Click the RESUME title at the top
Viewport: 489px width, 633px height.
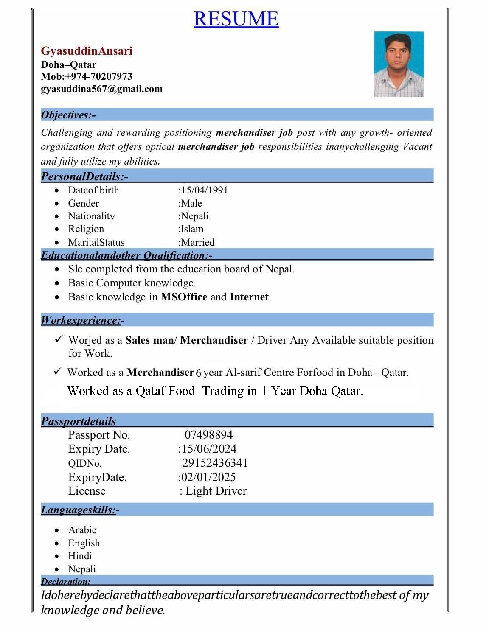(236, 19)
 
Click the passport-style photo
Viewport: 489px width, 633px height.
(398, 64)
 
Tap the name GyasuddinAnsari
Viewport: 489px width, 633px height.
(87, 51)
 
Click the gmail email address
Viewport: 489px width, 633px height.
(101, 89)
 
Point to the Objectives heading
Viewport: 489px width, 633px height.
(68, 115)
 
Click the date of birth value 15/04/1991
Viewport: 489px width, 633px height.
(204, 190)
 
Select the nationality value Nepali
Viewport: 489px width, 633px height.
(195, 216)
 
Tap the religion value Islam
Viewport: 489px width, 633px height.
(192, 229)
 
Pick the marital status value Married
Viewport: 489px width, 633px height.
(197, 242)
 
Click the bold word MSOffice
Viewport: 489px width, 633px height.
(184, 297)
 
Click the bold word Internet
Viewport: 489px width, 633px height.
(249, 297)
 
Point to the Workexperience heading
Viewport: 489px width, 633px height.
(81, 320)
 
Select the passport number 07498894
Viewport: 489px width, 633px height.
(208, 435)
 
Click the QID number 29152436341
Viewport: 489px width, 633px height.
(215, 463)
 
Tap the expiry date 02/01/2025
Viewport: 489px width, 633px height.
(208, 477)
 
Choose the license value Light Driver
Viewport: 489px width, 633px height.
(216, 491)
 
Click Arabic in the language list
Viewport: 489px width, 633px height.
(82, 530)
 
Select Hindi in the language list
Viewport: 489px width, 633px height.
(80, 556)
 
